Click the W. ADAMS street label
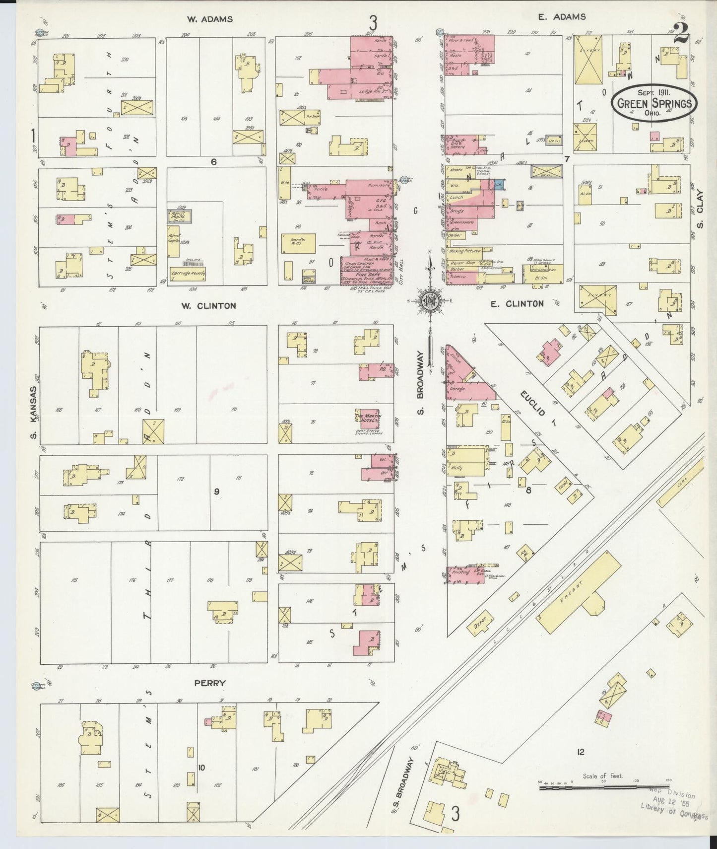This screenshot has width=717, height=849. (x=209, y=19)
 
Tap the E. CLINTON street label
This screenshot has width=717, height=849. (x=517, y=303)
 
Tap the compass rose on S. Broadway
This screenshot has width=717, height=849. (x=429, y=301)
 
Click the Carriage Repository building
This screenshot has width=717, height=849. (x=188, y=274)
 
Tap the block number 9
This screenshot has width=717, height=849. (x=216, y=492)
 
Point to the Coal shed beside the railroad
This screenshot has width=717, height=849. (x=680, y=487)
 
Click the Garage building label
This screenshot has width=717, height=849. (x=457, y=389)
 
